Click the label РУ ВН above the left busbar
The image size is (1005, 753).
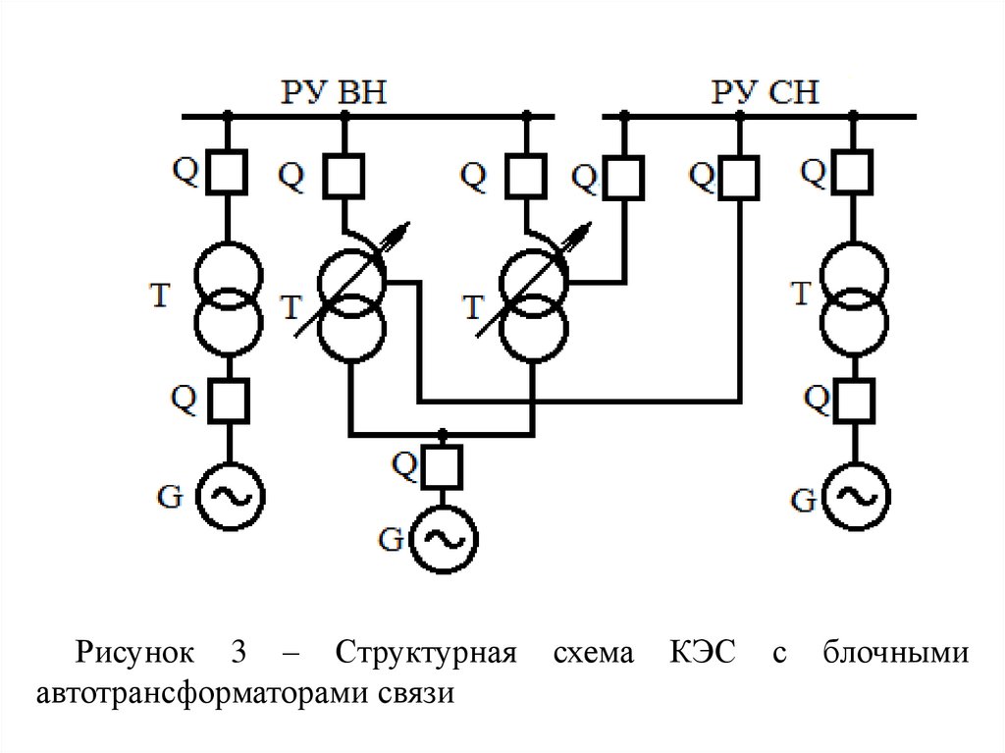tap(334, 93)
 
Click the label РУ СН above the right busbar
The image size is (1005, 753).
tap(766, 93)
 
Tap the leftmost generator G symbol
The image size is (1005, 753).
tap(229, 496)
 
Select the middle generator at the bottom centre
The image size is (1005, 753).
tap(444, 537)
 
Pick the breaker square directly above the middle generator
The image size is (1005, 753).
tap(444, 461)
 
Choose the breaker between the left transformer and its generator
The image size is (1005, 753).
tap(228, 400)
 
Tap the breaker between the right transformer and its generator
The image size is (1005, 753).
tap(854, 400)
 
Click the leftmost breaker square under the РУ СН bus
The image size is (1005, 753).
tap(624, 177)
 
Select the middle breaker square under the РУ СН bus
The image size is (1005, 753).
tap(739, 177)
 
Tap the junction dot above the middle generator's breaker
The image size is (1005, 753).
tap(444, 433)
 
